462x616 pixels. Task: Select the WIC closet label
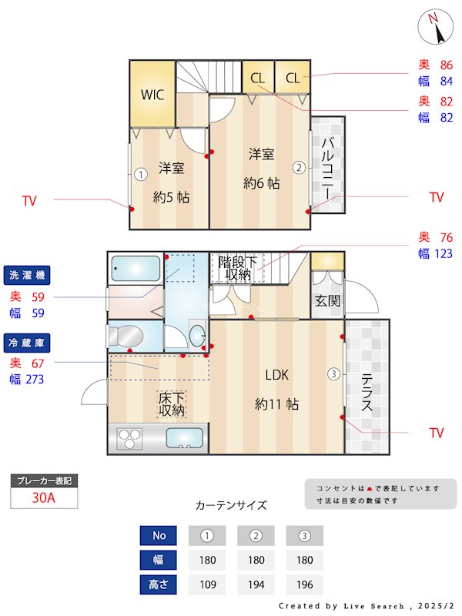tap(152, 95)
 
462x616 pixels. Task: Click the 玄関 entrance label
tap(327, 301)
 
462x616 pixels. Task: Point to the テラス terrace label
tap(367, 393)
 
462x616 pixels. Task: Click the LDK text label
tap(276, 375)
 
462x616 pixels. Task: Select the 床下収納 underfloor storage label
tap(172, 404)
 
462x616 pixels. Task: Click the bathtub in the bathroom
tap(136, 269)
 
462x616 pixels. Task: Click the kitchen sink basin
tap(184, 437)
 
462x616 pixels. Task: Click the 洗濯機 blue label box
tap(27, 275)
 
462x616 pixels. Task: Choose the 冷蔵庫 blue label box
tap(27, 340)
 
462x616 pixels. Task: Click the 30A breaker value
tap(44, 497)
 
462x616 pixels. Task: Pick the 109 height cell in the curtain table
tap(207, 584)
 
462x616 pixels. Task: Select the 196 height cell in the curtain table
tap(304, 584)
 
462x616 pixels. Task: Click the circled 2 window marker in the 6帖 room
tap(298, 167)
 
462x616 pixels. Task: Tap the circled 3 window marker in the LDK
tap(333, 374)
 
